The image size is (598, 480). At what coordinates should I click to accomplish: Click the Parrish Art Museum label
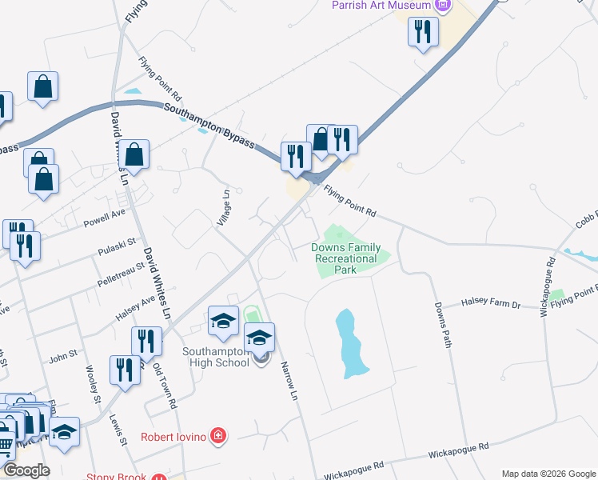point(383,6)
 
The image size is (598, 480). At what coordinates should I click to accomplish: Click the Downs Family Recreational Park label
point(345,258)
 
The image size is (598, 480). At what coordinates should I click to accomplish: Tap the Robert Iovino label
point(173,437)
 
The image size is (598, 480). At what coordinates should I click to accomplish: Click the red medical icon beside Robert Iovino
point(218,437)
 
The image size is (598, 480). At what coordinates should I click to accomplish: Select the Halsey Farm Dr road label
point(492,305)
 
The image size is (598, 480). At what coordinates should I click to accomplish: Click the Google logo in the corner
point(26,470)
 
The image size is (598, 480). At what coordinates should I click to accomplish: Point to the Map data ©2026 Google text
point(548,474)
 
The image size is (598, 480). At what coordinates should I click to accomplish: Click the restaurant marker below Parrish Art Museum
point(422,33)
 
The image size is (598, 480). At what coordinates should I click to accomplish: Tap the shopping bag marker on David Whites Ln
point(136,154)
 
